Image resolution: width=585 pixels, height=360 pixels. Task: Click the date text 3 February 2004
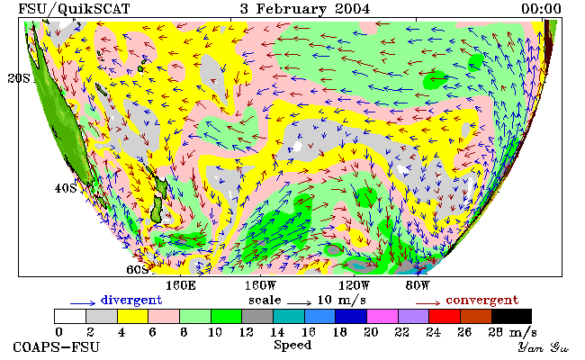pyautogui.click(x=305, y=9)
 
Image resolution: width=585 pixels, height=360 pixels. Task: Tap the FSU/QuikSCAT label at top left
pyautogui.click(x=74, y=9)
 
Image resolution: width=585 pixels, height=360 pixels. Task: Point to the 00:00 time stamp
pyautogui.click(x=541, y=9)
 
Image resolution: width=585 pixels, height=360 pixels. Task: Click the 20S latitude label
pyautogui.click(x=19, y=78)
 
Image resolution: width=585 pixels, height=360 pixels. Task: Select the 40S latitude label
pyautogui.click(x=66, y=188)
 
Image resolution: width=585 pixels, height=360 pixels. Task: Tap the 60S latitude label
pyautogui.click(x=137, y=269)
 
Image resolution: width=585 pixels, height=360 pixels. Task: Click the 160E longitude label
pyautogui.click(x=181, y=286)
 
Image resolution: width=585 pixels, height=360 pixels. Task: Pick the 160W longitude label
pyautogui.click(x=260, y=286)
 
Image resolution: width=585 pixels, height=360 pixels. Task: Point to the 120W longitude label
pyautogui.click(x=354, y=286)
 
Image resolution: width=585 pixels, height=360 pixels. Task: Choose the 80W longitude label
pyautogui.click(x=418, y=286)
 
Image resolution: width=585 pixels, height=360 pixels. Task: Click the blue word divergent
pyautogui.click(x=131, y=300)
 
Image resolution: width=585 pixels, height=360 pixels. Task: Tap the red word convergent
pyautogui.click(x=482, y=300)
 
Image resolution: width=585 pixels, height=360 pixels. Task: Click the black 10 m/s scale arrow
pyautogui.click(x=299, y=303)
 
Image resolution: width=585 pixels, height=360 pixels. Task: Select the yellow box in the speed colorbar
pyautogui.click(x=133, y=317)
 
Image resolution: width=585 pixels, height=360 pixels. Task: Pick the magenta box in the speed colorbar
pyautogui.click(x=382, y=317)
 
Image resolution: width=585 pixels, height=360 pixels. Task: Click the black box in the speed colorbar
pyautogui.click(x=511, y=317)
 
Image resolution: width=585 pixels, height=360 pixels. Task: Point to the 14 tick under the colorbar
pyautogui.click(x=277, y=332)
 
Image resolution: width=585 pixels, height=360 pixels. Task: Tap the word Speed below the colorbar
pyautogui.click(x=292, y=345)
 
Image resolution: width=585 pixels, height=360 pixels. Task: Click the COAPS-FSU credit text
pyautogui.click(x=57, y=347)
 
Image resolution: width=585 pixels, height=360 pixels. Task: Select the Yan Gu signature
pyautogui.click(x=544, y=347)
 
